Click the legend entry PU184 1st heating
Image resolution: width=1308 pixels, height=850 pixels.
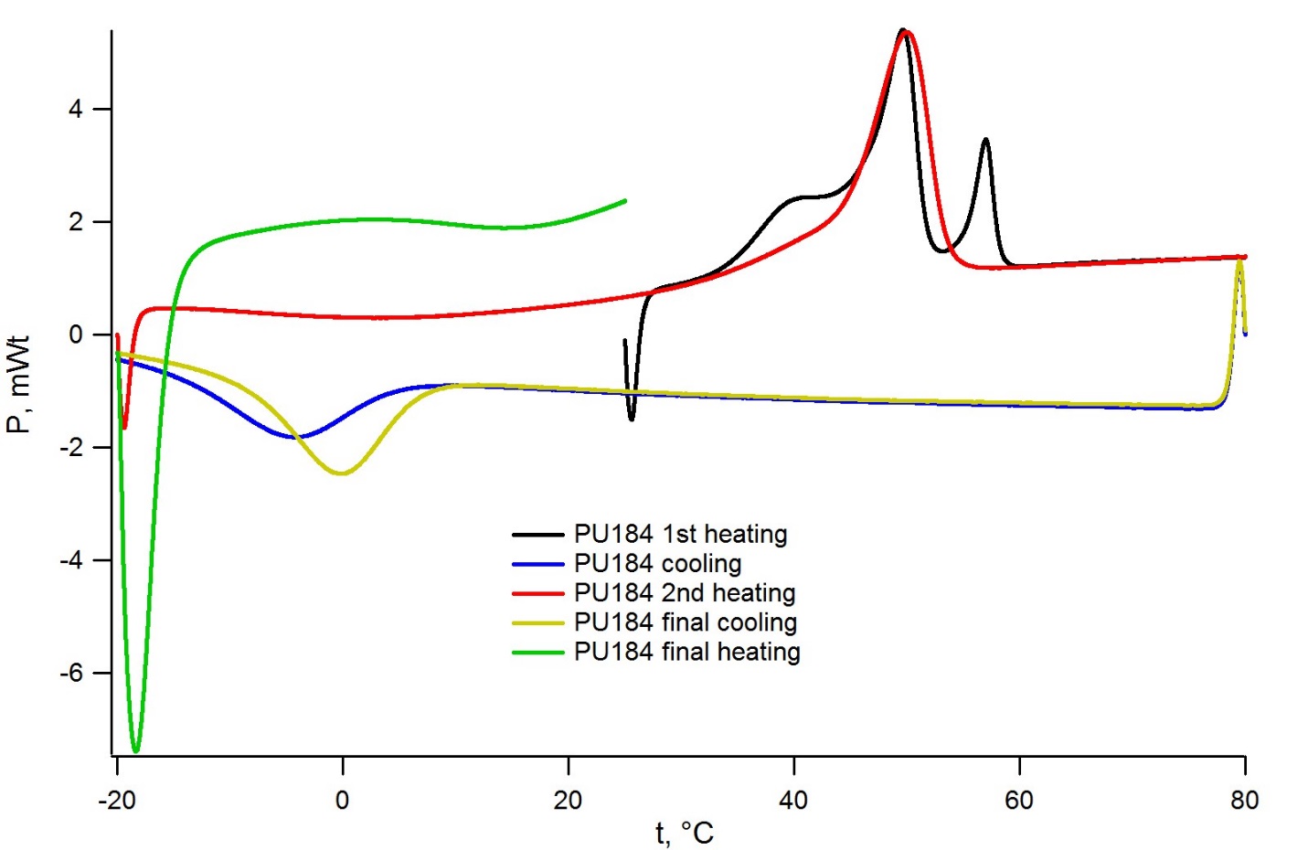[x=681, y=534]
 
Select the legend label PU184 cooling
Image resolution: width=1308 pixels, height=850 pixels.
[x=658, y=563]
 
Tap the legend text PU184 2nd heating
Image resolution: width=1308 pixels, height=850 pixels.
[x=685, y=593]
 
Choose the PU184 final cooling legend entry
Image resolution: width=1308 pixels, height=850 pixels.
[x=686, y=622]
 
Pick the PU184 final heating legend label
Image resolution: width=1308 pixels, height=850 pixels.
[x=687, y=652]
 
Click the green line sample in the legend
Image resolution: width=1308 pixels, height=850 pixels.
[x=537, y=653]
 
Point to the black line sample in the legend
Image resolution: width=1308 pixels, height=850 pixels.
[x=537, y=535]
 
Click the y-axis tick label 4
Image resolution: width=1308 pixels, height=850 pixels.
[x=75, y=109]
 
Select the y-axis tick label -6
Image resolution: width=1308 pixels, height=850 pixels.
[x=71, y=673]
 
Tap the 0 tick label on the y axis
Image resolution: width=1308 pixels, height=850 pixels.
[x=76, y=335]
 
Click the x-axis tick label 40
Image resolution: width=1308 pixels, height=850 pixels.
[x=794, y=799]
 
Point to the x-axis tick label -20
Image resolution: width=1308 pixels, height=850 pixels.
[x=117, y=799]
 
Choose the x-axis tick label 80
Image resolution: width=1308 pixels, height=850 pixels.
[x=1245, y=799]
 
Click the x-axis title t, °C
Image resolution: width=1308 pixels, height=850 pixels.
[x=685, y=833]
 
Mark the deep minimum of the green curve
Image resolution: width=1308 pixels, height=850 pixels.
[x=136, y=751]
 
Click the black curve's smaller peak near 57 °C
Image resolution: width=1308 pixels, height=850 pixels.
[x=985, y=140]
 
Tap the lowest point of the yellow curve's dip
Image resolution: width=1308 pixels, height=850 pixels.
[x=342, y=473]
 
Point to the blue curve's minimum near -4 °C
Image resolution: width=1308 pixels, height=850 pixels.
[x=298, y=437]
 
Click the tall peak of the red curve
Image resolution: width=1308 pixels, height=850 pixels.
[x=907, y=32]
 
